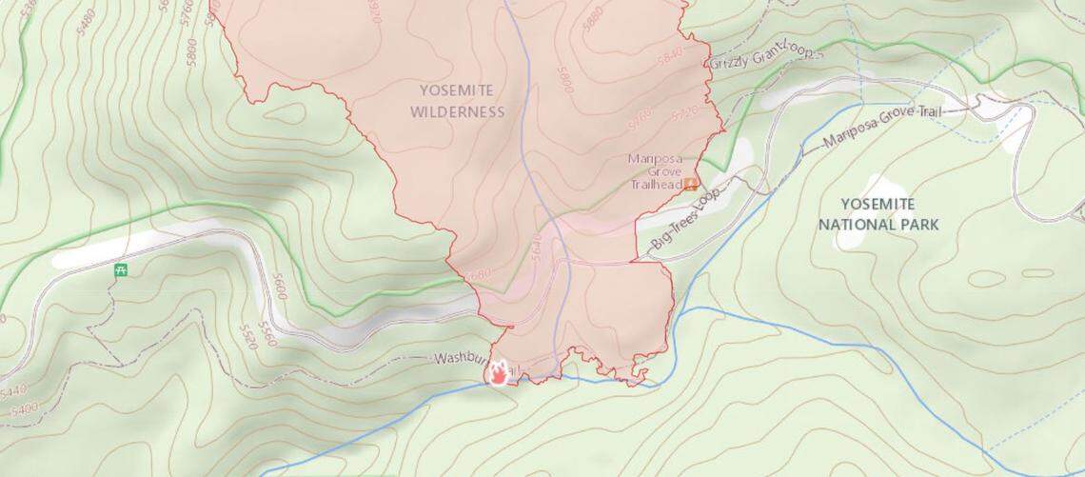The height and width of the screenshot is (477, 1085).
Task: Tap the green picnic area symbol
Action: (121, 269)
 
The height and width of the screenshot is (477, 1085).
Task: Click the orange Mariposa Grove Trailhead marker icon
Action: (691, 183)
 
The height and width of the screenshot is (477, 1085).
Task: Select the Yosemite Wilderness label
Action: (457, 100)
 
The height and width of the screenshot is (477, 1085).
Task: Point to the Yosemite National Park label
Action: (878, 214)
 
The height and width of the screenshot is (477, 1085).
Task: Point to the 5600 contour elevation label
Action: (279, 286)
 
